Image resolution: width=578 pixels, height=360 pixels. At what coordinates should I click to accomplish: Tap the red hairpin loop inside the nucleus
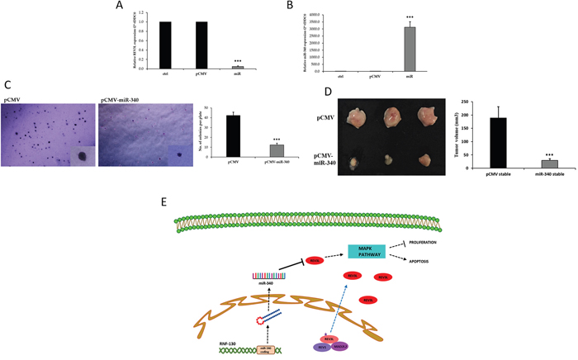pos(263,320)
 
